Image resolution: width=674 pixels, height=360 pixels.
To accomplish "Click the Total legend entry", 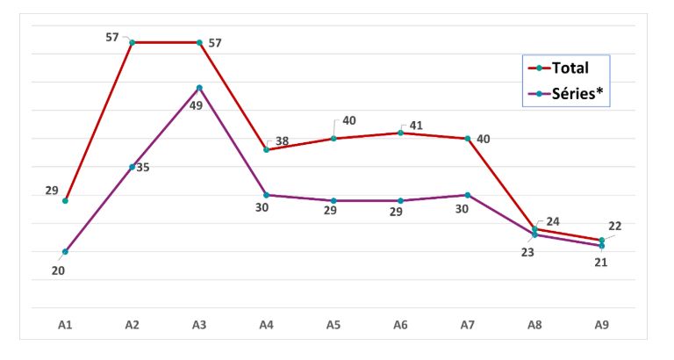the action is click(x=558, y=68).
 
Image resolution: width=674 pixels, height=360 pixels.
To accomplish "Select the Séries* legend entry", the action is click(x=566, y=93).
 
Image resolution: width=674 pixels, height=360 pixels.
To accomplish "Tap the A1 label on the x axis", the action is click(x=65, y=325).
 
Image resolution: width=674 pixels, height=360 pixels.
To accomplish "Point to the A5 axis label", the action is click(x=333, y=325).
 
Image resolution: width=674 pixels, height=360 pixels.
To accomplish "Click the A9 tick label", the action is click(x=602, y=325).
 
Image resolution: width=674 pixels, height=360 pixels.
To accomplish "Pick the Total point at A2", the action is click(x=132, y=42).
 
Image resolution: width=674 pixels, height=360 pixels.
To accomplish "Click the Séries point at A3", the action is click(x=199, y=88).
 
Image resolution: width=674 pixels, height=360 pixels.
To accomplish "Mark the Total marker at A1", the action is click(x=65, y=200).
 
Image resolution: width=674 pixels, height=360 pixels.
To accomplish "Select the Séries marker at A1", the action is click(x=65, y=252).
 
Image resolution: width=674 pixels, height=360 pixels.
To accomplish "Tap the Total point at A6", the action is click(x=400, y=133).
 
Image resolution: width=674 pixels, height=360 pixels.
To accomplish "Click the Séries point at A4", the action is click(x=267, y=195).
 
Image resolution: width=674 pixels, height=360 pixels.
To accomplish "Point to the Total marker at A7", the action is click(x=468, y=139).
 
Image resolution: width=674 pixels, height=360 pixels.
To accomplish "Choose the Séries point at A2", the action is click(x=132, y=167).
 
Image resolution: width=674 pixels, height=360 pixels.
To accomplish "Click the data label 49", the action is click(x=196, y=105).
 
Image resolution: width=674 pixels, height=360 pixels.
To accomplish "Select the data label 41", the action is click(x=416, y=126).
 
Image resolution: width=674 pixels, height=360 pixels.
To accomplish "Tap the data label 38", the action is click(x=282, y=141).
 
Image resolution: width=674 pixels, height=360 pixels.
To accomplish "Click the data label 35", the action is click(x=143, y=168).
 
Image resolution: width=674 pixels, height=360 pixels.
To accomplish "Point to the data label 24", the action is click(x=553, y=221).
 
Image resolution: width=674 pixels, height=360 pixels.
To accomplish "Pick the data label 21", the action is click(x=601, y=263).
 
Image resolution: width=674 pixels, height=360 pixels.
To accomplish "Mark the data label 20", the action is click(x=58, y=271).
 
